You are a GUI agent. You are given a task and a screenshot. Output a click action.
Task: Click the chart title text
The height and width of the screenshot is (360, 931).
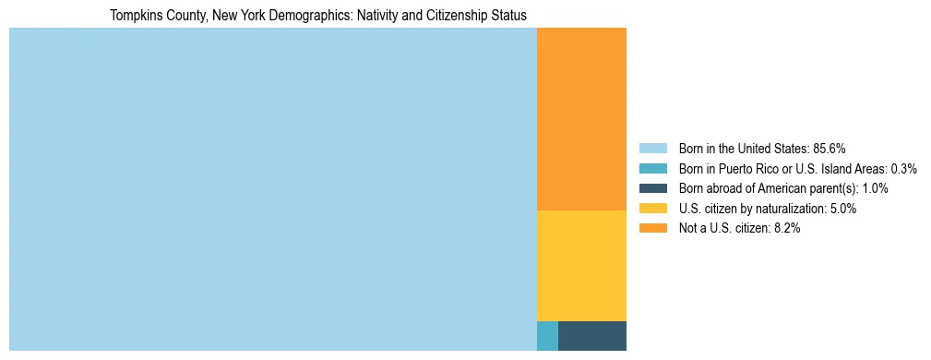[x=317, y=16]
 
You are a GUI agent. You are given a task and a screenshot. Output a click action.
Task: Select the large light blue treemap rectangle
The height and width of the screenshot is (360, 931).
[x=272, y=189]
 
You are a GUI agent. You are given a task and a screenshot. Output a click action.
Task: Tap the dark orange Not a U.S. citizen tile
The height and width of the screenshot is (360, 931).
[x=581, y=119]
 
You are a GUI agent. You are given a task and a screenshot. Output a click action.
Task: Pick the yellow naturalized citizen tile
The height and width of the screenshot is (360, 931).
[x=581, y=266]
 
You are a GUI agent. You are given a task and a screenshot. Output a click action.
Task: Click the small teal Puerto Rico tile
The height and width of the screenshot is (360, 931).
[x=547, y=336]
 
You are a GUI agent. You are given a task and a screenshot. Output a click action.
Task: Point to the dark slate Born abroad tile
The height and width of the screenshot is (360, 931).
[x=592, y=336]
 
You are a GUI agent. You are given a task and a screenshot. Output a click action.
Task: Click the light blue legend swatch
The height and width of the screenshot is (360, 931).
[x=652, y=149]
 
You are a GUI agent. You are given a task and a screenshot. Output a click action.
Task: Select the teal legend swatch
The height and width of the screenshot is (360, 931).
[x=652, y=169]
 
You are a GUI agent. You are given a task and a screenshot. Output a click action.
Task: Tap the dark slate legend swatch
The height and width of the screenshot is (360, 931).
[x=652, y=188]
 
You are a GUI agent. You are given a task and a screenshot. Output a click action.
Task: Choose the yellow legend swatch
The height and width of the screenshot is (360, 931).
[x=652, y=209]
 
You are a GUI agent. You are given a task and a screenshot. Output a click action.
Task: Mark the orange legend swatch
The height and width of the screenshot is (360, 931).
[x=652, y=229]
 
